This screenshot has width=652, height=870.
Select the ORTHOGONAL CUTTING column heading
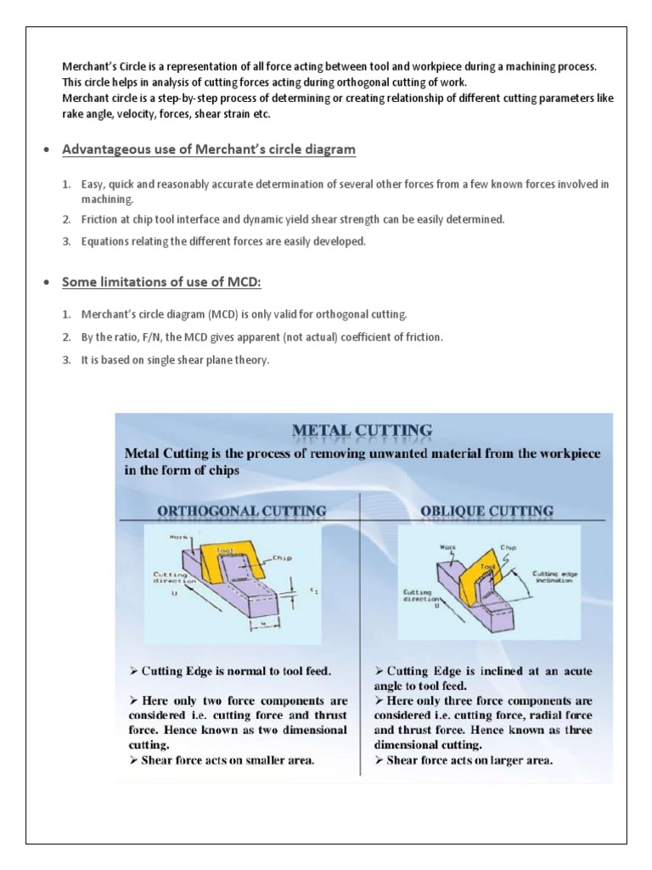point(242,511)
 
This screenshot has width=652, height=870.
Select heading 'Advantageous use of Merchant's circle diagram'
point(209,150)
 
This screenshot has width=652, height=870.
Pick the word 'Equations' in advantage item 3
point(106,241)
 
